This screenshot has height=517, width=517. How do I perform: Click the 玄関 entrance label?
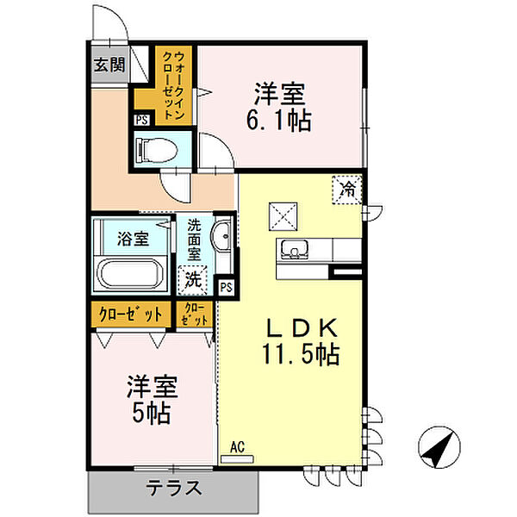109,65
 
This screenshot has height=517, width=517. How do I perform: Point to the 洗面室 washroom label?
195,240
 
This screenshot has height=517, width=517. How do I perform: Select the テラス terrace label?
172,489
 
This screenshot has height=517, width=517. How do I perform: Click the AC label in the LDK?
239,446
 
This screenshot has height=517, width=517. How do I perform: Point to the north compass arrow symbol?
439,445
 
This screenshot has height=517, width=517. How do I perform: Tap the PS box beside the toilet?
142,121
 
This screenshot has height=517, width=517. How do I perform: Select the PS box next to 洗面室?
226,287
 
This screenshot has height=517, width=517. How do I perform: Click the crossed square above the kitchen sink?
282,212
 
